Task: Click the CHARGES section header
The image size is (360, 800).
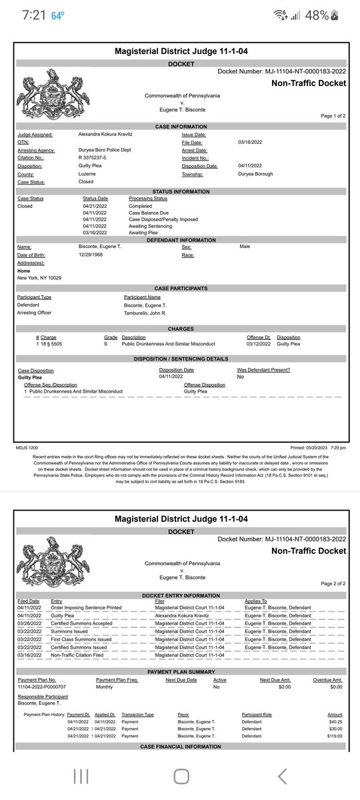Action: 181,329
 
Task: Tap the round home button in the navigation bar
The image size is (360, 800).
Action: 180,775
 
